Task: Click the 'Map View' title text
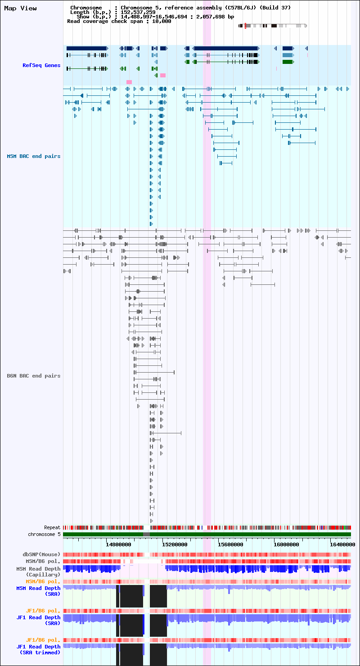tap(21, 8)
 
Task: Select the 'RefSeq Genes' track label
tap(41, 65)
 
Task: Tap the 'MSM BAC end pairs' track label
tap(34, 157)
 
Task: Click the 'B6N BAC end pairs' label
tap(34, 376)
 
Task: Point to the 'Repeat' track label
tap(52, 528)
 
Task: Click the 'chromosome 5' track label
tap(44, 534)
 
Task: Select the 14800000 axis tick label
tap(118, 544)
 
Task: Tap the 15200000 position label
tap(175, 544)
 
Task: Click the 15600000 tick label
tap(230, 544)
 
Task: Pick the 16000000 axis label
tap(286, 544)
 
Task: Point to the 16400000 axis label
tap(342, 544)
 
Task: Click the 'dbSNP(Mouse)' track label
tap(41, 554)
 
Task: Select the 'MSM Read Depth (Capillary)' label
tap(38, 572)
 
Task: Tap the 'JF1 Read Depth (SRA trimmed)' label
tap(38, 650)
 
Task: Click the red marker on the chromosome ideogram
tap(245, 26)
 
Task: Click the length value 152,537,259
tap(138, 13)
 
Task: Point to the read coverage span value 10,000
tap(162, 22)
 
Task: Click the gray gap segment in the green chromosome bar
tap(146, 535)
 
